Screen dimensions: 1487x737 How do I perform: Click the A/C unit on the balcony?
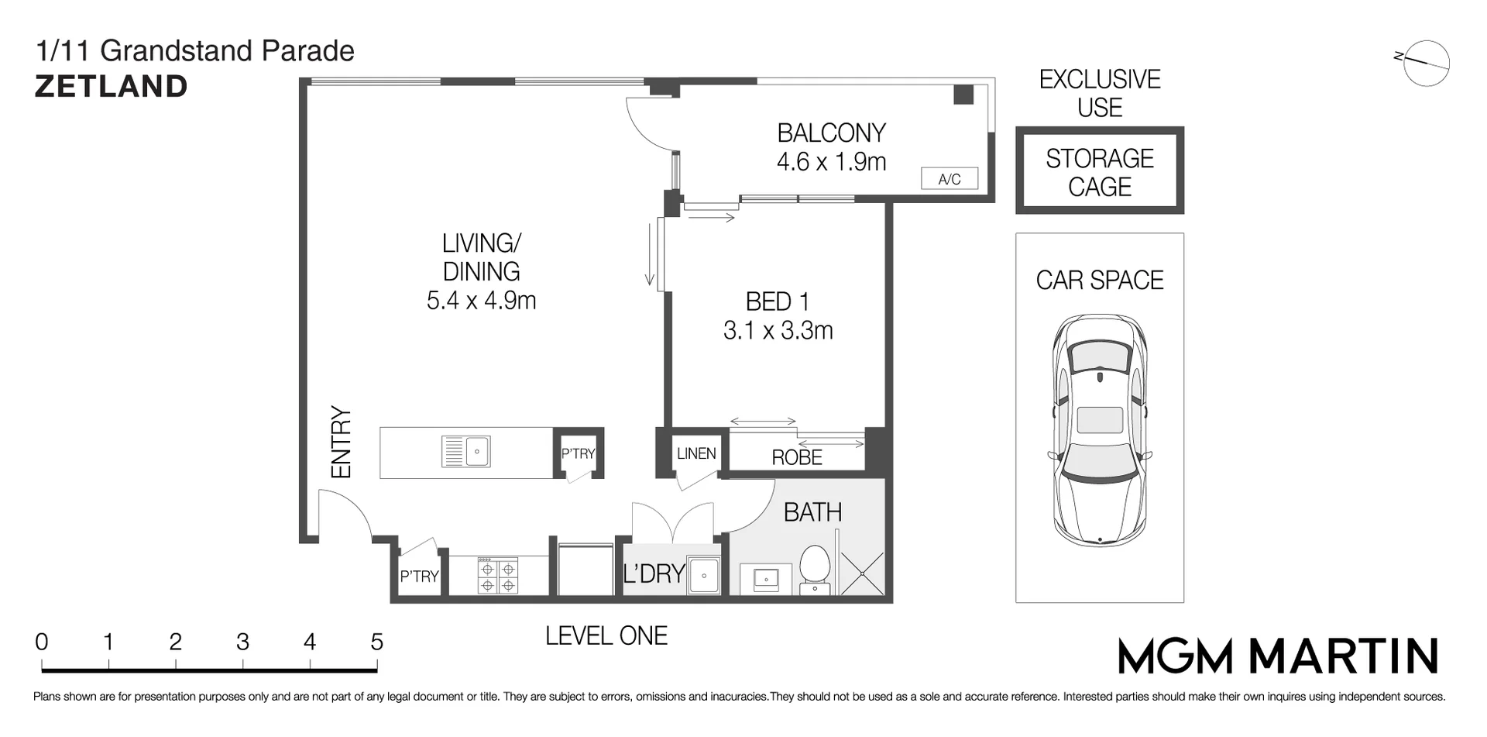950,179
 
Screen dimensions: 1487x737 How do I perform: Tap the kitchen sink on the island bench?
465,451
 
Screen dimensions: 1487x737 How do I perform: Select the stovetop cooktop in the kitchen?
497,576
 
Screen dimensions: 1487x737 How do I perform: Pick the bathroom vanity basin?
766,578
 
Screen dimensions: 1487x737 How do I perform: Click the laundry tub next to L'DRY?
703,575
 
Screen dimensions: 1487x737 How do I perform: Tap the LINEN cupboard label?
696,453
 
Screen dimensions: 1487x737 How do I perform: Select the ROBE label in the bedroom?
797,457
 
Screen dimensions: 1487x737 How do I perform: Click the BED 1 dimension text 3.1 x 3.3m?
778,331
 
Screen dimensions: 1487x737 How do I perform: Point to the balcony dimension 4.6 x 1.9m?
832,162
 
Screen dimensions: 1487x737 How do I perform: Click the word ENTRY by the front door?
341,442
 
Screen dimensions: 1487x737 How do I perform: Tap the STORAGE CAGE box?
1100,170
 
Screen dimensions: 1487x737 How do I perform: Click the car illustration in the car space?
1100,430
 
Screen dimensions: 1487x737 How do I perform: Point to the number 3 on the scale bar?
242,642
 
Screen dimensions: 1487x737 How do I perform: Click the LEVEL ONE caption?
606,636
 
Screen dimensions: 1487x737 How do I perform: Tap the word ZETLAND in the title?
112,86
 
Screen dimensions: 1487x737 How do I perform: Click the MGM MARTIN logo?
1279,656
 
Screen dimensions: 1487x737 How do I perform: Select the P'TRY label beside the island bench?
578,453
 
